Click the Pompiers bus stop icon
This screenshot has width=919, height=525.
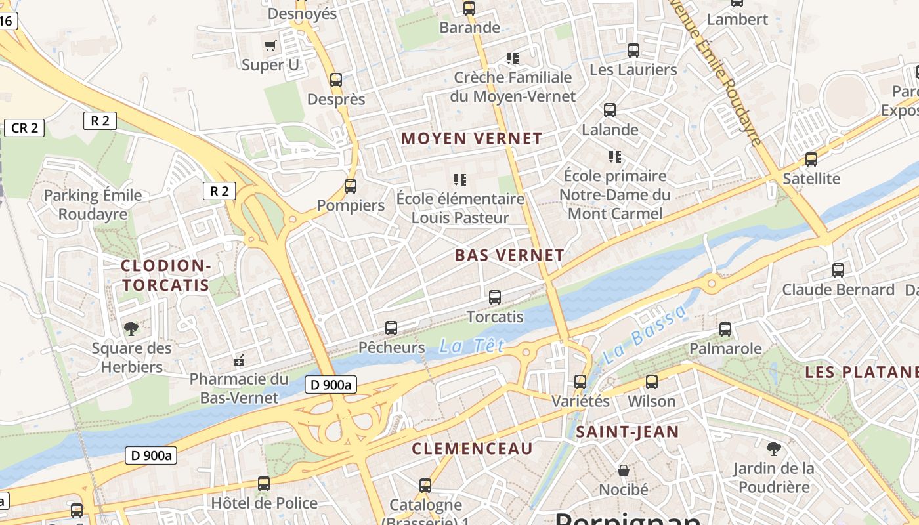pyautogui.click(x=351, y=186)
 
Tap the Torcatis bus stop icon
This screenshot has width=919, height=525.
pyautogui.click(x=495, y=297)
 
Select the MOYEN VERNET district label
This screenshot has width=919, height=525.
pyautogui.click(x=471, y=138)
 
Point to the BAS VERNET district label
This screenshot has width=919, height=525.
pyautogui.click(x=509, y=255)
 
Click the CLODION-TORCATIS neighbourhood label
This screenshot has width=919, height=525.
pyautogui.click(x=165, y=276)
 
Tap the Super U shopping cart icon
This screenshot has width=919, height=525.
pyautogui.click(x=270, y=45)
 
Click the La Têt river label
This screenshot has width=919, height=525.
pyautogui.click(x=471, y=346)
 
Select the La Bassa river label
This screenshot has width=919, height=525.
pyautogui.click(x=643, y=335)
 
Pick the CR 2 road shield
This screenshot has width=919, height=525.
pyautogui.click(x=24, y=128)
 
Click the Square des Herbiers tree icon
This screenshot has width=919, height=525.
pyautogui.click(x=131, y=328)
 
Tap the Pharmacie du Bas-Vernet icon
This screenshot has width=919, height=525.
pyautogui.click(x=239, y=360)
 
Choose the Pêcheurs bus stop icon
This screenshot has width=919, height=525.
pyautogui.click(x=391, y=327)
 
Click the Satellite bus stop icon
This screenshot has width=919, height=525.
pyautogui.click(x=811, y=159)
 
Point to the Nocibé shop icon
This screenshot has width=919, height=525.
pyautogui.click(x=624, y=471)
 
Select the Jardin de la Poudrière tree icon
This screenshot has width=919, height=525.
pyautogui.click(x=774, y=449)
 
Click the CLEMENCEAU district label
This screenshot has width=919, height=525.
pyautogui.click(x=472, y=449)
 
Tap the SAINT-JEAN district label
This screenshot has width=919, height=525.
pyautogui.click(x=627, y=432)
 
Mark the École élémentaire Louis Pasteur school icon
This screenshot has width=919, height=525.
pyautogui.click(x=460, y=180)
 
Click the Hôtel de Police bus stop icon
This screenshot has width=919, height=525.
pyautogui.click(x=264, y=484)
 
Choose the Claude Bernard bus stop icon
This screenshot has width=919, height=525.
pyautogui.click(x=838, y=270)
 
